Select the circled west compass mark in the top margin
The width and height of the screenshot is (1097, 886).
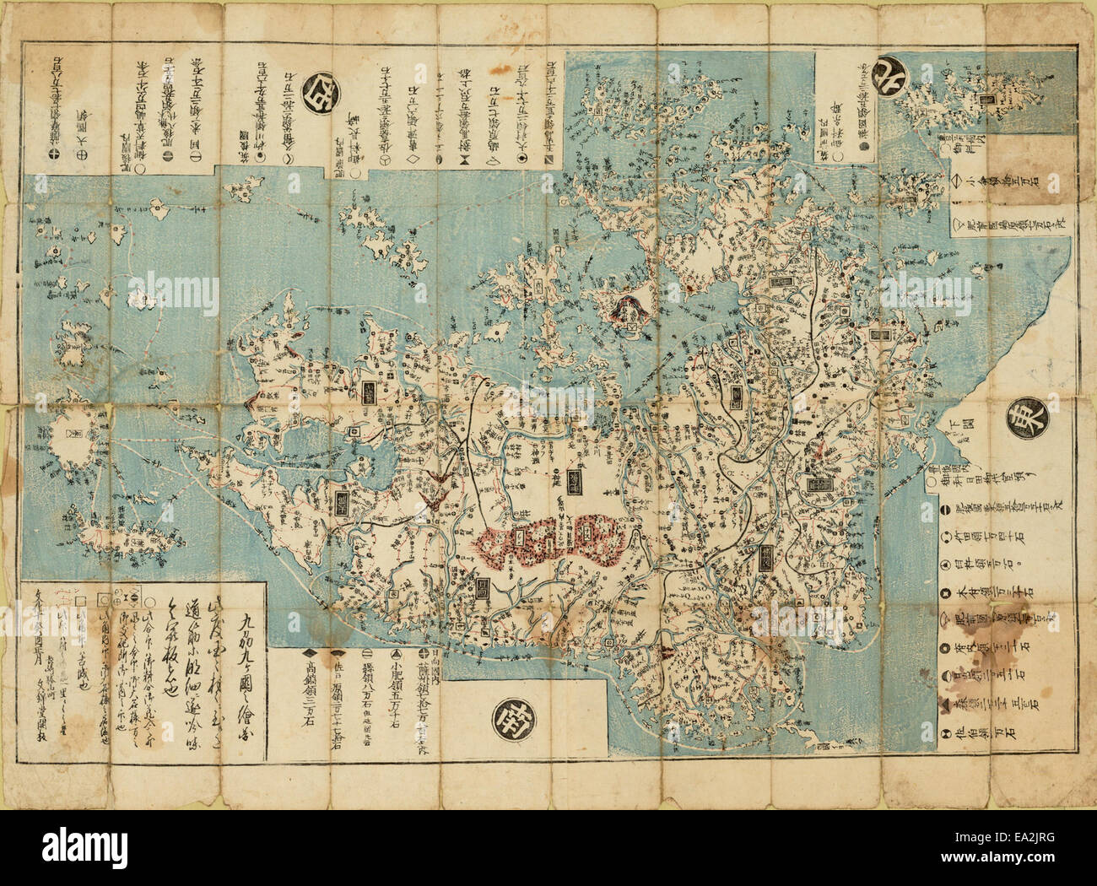320,86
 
